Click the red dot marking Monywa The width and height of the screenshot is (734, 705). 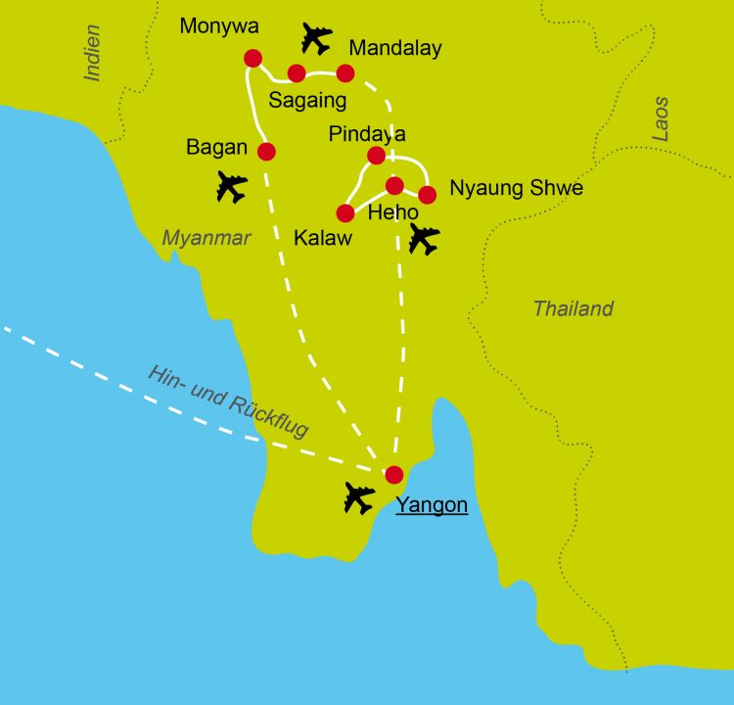click(x=252, y=58)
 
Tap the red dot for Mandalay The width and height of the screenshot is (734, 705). click(x=344, y=73)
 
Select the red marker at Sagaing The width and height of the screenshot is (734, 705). click(x=297, y=72)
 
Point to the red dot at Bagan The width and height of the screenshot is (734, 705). click(x=265, y=151)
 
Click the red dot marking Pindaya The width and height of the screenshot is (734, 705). click(x=376, y=155)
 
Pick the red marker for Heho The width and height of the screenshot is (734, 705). click(x=394, y=185)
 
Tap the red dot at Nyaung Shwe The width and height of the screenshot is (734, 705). click(x=427, y=194)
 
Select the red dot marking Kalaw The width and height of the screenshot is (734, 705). click(x=344, y=212)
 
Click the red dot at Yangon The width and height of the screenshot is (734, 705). click(x=393, y=475)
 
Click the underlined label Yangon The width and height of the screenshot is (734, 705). click(x=432, y=505)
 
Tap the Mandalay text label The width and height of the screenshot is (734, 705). click(x=395, y=48)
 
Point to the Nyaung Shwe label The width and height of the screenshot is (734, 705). click(x=516, y=188)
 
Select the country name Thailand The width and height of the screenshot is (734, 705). click(x=573, y=308)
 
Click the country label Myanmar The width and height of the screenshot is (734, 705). click(x=206, y=238)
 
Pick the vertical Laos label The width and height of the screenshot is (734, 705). click(x=661, y=118)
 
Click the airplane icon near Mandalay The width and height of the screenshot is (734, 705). click(x=316, y=38)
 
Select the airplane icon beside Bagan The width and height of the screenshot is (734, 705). click(x=232, y=186)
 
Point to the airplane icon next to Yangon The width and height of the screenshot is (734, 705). click(x=359, y=498)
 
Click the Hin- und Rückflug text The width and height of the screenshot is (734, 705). click(x=228, y=401)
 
